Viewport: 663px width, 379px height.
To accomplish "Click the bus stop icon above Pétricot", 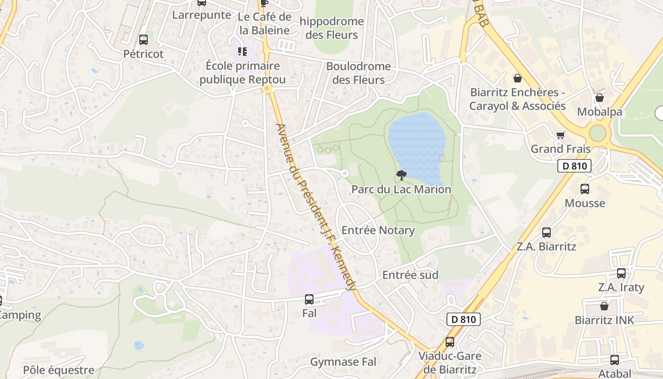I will point(143,40).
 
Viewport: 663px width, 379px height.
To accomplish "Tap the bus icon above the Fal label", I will point(309,299).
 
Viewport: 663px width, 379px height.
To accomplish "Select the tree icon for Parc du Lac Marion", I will point(401,175).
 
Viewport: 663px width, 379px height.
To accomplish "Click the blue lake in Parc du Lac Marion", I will point(417,144).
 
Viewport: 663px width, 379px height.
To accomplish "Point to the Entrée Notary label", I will point(378,231).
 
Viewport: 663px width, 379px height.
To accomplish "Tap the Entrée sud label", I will point(410,275).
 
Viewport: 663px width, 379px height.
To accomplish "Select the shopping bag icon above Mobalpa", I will point(599,98).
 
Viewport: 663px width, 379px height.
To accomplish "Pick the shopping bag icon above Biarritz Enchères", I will point(518,78).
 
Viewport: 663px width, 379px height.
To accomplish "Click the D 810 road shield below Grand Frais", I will point(574,166).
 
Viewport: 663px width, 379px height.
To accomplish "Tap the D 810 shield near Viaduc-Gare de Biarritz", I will point(464,319).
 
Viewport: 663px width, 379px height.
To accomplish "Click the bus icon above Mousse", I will point(585,189).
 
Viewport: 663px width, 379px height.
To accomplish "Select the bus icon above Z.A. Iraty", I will point(621,273).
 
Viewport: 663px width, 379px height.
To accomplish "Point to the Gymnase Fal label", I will point(343,362).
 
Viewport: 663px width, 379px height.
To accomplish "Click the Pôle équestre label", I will point(59,370).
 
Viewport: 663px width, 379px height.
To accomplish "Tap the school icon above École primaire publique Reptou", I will point(242,51).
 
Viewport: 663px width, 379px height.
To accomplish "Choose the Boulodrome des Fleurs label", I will point(358,73).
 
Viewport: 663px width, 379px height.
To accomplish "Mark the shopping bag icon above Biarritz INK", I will point(604,306).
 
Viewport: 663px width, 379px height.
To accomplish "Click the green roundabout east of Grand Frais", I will point(598,133).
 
